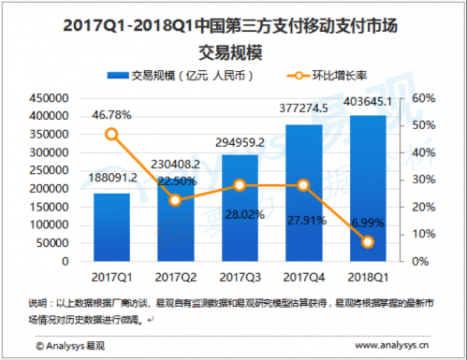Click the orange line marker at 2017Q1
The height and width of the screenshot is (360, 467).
(x=111, y=134)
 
